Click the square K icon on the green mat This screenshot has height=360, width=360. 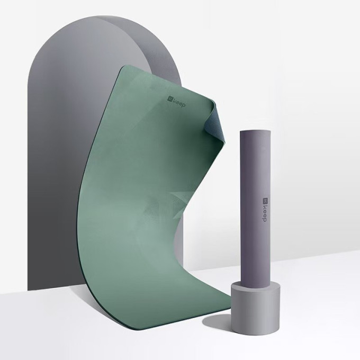(170, 98)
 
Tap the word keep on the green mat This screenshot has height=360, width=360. (179, 103)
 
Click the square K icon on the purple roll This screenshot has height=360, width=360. (265, 201)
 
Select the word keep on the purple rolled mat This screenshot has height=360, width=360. (265, 213)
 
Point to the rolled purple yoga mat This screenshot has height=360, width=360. (255, 209)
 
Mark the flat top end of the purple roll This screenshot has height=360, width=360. (255, 131)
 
